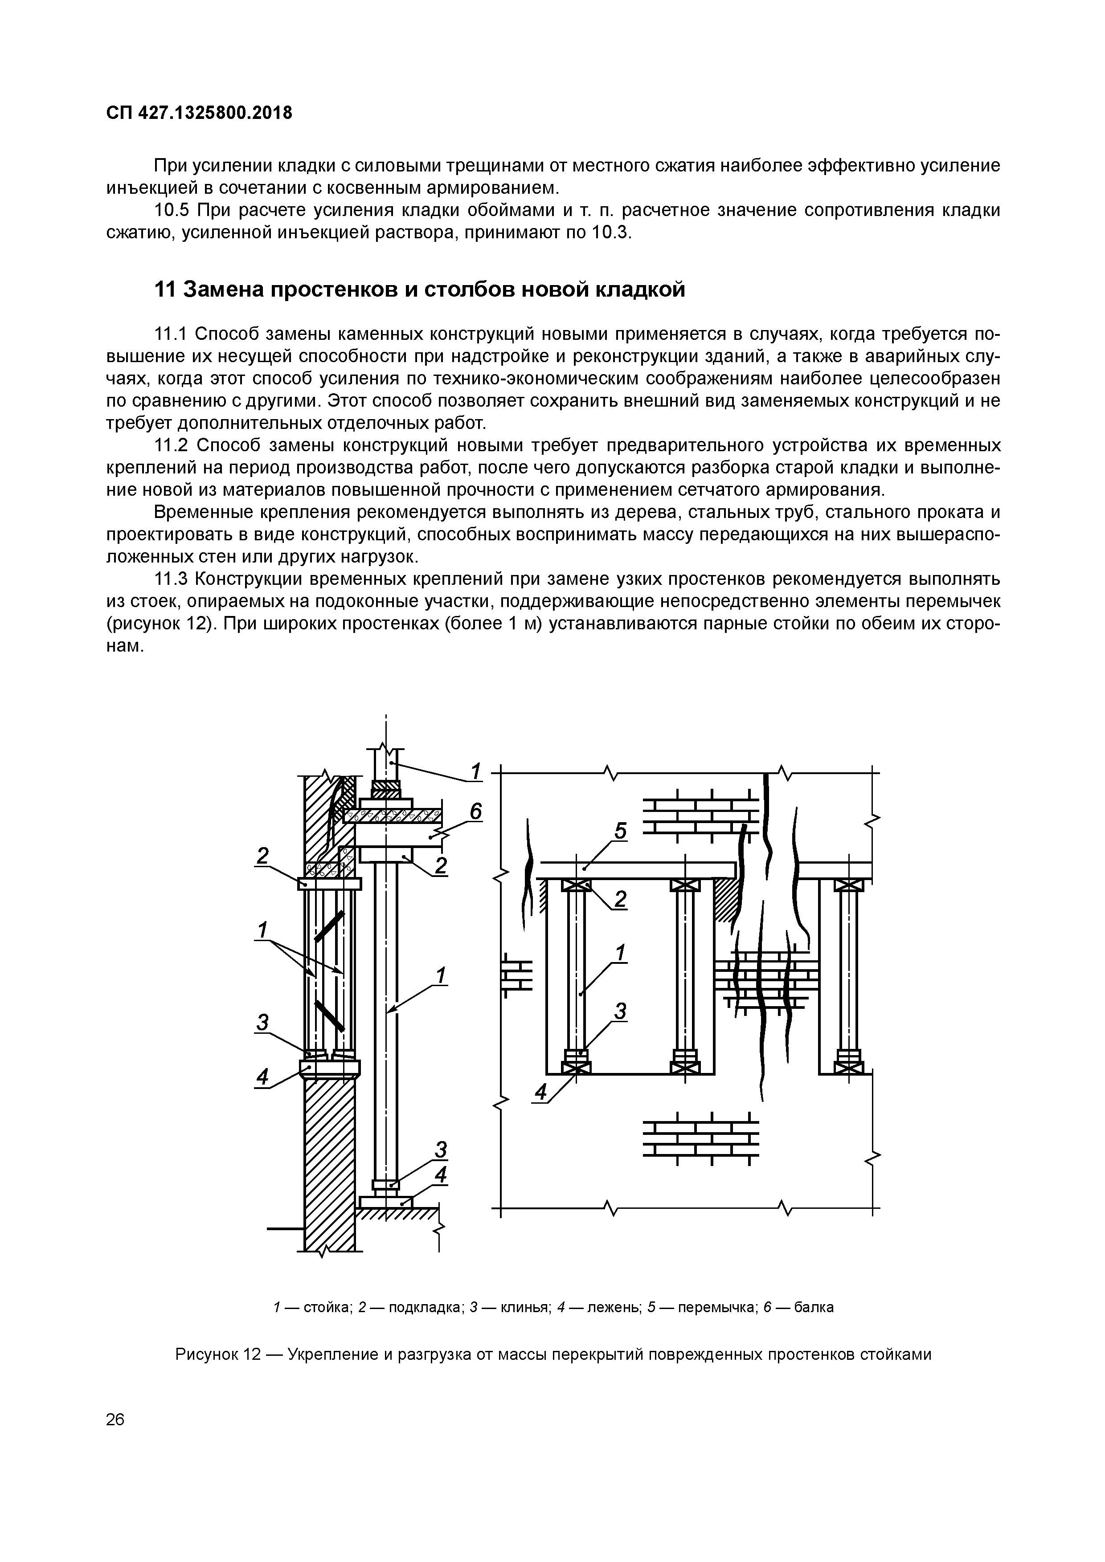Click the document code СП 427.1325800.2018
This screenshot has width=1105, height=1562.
click(199, 113)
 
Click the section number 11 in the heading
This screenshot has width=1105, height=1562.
click(166, 290)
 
